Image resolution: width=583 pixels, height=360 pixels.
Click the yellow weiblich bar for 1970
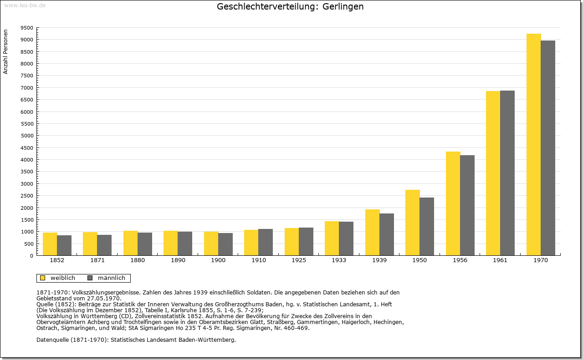click(x=533, y=145)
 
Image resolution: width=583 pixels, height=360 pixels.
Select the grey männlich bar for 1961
click(x=507, y=173)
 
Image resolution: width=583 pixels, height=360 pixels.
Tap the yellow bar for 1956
click(x=453, y=204)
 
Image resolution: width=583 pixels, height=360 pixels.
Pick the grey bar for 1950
click(x=427, y=227)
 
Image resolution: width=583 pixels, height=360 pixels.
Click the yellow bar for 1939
click(x=373, y=233)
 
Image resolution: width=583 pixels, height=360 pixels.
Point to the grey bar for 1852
click(x=64, y=245)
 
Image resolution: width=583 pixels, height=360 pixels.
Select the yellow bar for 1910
click(x=251, y=243)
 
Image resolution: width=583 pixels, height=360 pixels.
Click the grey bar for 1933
click(x=346, y=238)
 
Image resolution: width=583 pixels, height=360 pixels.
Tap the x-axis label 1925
click(x=299, y=260)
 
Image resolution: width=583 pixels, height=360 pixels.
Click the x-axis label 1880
click(x=138, y=260)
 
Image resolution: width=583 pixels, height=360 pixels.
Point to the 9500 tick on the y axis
click(x=27, y=28)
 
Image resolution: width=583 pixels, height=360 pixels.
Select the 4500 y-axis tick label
click(x=27, y=148)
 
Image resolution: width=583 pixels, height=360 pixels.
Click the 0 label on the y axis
click(x=31, y=256)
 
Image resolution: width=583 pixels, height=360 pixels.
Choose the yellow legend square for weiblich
click(x=43, y=278)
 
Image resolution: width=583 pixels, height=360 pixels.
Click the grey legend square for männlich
click(x=90, y=278)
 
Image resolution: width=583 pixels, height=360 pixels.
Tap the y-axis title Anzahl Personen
click(x=5, y=52)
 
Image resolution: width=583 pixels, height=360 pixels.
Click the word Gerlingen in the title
click(x=343, y=7)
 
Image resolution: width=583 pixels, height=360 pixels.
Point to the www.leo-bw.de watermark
click(x=25, y=5)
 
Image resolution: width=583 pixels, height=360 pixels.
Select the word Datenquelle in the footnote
click(x=52, y=340)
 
